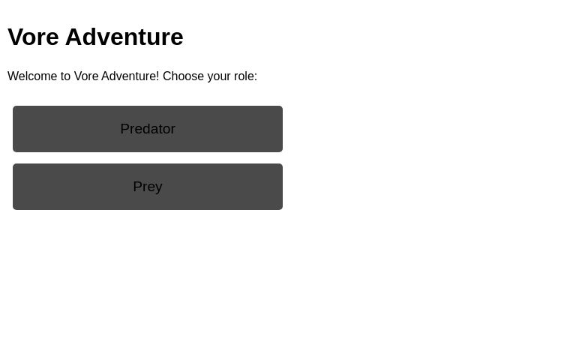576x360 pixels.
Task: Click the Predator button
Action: (147, 129)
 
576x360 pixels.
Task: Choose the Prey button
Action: (147, 187)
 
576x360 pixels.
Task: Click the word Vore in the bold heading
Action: (33, 37)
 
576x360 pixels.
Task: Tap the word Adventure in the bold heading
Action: (124, 37)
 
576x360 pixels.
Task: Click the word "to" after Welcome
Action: (65, 76)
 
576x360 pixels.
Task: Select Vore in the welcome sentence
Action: (85, 76)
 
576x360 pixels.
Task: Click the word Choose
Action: (183, 76)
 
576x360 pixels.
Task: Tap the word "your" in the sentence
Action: (219, 76)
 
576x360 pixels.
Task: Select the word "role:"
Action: (245, 76)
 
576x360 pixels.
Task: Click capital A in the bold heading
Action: (73, 37)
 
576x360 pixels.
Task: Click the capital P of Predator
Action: (124, 129)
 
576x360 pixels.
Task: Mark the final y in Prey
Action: (158, 187)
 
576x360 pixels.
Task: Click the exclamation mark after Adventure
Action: (157, 76)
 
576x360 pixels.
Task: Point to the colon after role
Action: (255, 76)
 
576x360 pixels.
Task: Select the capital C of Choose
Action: (167, 76)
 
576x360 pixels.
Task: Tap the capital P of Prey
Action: (137, 187)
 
